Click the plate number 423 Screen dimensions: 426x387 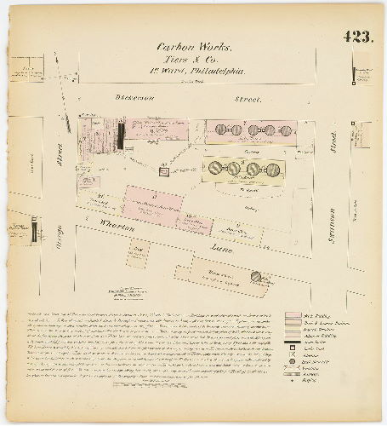(x=358, y=37)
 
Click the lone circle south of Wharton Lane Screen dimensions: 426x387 (x=256, y=276)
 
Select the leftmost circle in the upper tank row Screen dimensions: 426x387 (x=219, y=130)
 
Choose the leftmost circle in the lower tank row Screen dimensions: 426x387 (x=215, y=167)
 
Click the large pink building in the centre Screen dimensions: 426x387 (x=154, y=205)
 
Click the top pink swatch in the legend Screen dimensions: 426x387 (x=293, y=316)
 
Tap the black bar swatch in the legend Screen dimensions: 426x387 (x=293, y=340)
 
